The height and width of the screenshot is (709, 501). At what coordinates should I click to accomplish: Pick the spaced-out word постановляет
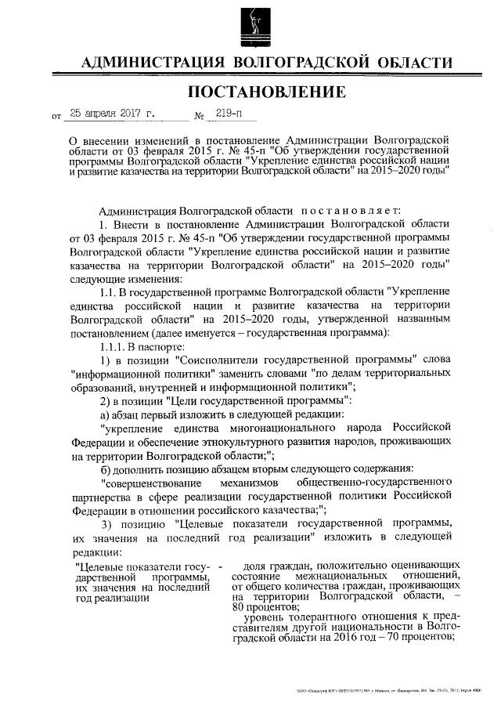point(350,211)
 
